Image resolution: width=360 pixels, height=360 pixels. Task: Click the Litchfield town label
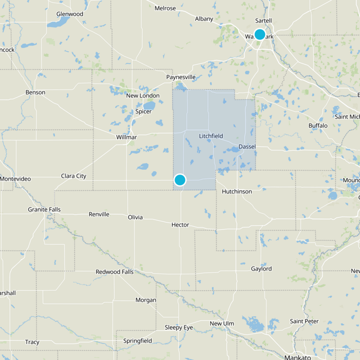point(211,136)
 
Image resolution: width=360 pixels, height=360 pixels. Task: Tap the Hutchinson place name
point(237,192)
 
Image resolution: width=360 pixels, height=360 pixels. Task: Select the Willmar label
point(126,137)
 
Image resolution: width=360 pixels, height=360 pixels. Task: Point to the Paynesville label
point(181,77)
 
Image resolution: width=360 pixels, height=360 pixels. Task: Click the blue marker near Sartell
point(260,34)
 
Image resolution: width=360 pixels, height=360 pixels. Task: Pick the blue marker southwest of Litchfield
point(180,180)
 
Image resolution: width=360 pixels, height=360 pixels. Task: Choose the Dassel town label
point(247,147)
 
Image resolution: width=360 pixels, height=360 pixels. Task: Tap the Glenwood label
point(70,14)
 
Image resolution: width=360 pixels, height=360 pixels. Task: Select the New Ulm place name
point(222,324)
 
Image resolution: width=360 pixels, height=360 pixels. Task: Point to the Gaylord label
point(261,269)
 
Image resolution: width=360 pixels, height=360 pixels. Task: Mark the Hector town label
point(180,225)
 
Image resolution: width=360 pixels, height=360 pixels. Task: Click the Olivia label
point(135,217)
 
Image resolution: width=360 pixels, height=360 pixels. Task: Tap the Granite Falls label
point(44,210)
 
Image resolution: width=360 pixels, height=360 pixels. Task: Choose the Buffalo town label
point(318,126)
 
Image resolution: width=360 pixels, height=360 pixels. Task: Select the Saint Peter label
point(304,321)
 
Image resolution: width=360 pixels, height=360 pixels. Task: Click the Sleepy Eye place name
point(178,327)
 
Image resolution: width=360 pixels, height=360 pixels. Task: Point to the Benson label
point(35,92)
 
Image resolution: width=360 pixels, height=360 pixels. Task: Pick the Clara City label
point(73,176)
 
